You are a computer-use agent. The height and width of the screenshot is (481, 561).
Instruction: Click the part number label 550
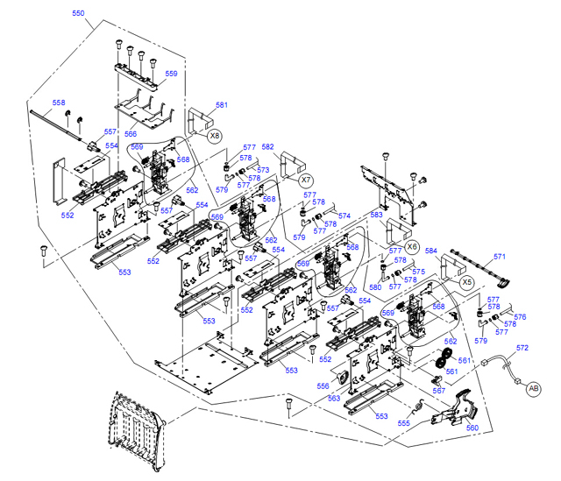click(78, 14)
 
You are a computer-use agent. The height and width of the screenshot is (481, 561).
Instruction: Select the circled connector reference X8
click(215, 136)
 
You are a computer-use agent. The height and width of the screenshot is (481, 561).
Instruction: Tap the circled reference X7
click(306, 179)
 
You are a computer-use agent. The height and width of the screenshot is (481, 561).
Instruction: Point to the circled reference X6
click(412, 246)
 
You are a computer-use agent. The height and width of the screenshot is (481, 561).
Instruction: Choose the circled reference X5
click(466, 282)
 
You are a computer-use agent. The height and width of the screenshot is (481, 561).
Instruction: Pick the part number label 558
click(59, 103)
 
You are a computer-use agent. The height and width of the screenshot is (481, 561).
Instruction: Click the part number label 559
click(171, 74)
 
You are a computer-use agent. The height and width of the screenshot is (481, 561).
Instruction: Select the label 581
click(221, 106)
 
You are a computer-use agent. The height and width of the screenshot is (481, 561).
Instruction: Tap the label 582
click(268, 147)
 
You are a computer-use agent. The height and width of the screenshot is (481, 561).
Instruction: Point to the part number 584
click(430, 251)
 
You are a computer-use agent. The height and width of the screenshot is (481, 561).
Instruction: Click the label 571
click(500, 257)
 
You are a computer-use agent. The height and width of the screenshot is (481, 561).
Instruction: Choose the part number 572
click(522, 348)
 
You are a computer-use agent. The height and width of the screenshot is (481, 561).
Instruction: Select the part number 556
click(323, 386)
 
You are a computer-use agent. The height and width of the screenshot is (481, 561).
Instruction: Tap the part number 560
click(472, 428)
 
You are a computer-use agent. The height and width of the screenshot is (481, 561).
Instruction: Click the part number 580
click(375, 286)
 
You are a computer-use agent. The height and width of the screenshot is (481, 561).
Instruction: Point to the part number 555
click(403, 422)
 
